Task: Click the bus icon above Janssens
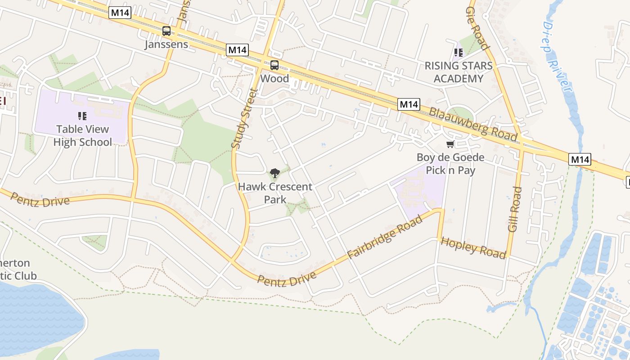point(166,31)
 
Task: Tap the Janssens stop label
point(166,45)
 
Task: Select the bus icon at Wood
point(274,65)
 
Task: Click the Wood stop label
point(274,78)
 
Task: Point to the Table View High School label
point(82,135)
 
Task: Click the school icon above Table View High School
point(82,116)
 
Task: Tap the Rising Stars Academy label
point(459,72)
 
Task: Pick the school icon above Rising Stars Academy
point(459,53)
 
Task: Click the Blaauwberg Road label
point(472,124)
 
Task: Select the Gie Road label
point(477,28)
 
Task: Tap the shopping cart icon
point(450,144)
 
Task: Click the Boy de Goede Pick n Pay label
point(450,164)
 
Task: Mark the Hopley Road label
point(473,247)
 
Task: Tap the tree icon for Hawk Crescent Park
point(274,173)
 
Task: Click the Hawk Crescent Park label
point(275,193)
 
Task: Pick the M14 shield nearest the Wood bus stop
point(237,49)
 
